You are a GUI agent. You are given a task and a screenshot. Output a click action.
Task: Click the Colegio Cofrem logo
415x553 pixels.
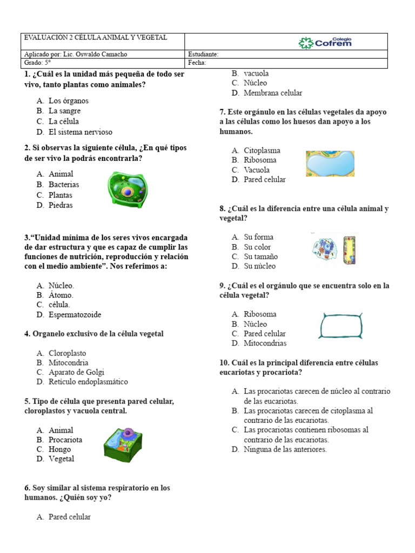(325, 42)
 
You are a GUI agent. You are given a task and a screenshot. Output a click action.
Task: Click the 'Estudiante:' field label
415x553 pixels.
(203, 55)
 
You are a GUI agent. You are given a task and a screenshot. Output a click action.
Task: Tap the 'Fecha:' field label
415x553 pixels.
(197, 63)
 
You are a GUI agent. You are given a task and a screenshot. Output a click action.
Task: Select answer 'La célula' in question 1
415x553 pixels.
(63, 122)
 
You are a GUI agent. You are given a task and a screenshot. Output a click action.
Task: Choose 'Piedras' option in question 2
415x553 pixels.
(61, 205)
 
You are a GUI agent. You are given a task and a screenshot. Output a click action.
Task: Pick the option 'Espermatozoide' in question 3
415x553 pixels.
(75, 315)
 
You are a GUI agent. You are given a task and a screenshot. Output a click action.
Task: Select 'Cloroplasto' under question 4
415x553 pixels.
(67, 353)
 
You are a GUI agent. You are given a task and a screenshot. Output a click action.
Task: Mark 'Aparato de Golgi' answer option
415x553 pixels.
(76, 372)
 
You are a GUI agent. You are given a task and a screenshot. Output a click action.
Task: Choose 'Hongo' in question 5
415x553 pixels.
(59, 449)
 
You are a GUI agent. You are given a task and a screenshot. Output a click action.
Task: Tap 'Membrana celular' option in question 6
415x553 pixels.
(273, 93)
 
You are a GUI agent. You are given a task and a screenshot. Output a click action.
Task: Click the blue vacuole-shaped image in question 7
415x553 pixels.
(330, 164)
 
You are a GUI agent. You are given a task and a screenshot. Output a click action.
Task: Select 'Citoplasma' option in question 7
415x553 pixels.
(262, 151)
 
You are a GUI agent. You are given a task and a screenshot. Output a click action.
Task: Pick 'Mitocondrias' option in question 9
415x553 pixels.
(265, 343)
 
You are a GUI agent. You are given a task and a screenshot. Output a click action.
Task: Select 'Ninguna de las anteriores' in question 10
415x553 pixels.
(285, 449)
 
